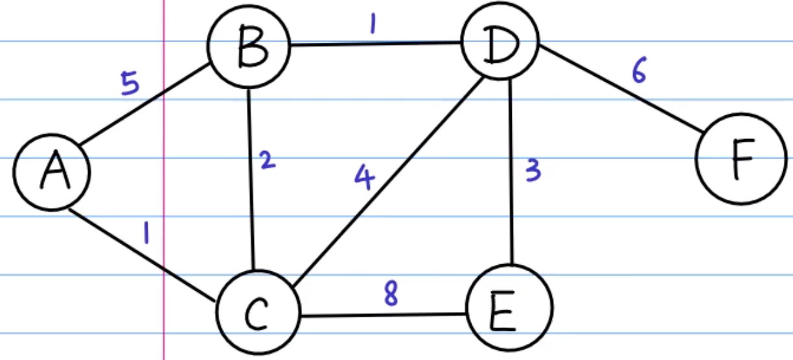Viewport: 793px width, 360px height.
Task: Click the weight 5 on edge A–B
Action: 131,85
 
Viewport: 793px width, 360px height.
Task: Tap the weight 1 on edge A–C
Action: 146,233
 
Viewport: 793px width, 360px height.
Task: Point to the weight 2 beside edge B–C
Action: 266,160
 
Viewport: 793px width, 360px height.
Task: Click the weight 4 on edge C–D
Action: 364,178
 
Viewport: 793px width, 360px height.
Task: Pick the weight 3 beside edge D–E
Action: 532,172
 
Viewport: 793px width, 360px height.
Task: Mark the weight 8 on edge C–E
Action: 391,295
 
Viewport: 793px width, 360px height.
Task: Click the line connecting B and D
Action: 376,45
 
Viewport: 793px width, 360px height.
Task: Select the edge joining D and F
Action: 622,90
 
